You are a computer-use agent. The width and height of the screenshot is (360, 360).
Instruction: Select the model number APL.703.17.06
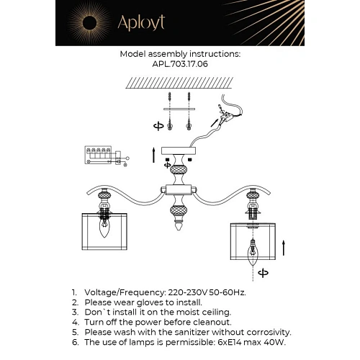pyautogui.click(x=180, y=63)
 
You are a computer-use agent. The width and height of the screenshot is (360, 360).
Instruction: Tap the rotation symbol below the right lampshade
pyautogui.click(x=262, y=273)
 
